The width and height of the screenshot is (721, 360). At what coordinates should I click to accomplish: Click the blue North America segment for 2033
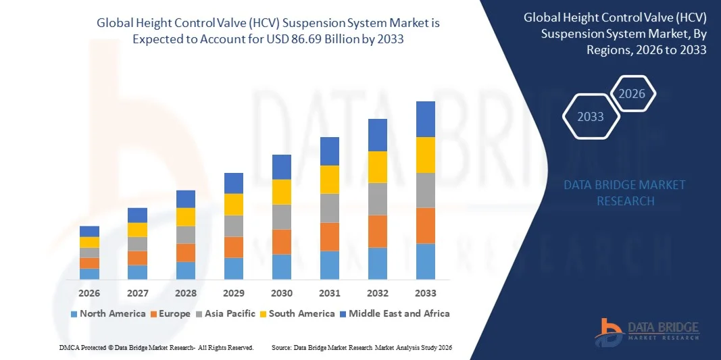click(426, 261)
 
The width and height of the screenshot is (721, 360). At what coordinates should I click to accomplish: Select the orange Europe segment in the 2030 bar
click(282, 242)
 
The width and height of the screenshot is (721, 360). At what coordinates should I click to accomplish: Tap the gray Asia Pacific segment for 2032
click(378, 199)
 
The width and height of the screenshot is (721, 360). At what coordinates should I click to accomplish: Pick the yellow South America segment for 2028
click(186, 217)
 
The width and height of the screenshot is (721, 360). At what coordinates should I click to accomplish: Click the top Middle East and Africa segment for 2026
click(89, 231)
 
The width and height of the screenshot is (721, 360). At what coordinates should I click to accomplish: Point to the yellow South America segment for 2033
click(426, 155)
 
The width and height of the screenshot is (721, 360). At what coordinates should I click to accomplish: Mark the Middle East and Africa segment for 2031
click(330, 151)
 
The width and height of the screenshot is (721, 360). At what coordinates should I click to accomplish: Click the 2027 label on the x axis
click(137, 293)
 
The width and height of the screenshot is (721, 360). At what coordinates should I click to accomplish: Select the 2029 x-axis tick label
click(234, 293)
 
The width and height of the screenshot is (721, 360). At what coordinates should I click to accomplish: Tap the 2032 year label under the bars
click(378, 293)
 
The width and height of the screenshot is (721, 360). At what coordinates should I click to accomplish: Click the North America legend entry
click(108, 313)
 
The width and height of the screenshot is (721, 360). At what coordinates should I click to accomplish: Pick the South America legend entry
click(297, 313)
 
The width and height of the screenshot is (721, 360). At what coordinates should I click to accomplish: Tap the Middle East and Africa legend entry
click(395, 313)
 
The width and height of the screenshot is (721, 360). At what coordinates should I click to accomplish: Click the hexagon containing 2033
click(591, 117)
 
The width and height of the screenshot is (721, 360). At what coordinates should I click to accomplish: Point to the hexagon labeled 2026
click(632, 94)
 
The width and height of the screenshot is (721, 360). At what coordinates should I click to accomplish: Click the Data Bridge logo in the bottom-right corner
click(647, 329)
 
